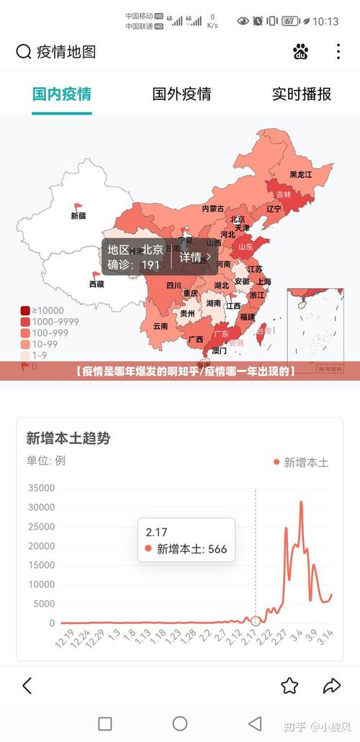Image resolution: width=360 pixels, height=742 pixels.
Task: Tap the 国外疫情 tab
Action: [x=181, y=94]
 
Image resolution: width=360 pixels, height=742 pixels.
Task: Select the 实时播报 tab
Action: [x=301, y=94]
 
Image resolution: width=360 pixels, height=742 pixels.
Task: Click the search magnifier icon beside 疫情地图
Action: [x=24, y=51]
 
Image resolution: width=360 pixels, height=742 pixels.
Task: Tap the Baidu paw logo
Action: [x=300, y=51]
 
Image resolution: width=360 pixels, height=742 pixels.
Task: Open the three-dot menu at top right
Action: [x=338, y=51]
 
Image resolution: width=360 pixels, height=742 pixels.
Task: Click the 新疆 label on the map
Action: [x=78, y=215]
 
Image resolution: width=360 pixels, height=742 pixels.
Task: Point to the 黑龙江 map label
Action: [x=301, y=174]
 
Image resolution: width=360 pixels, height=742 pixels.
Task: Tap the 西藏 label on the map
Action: [x=96, y=284]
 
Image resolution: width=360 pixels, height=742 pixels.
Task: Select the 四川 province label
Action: [x=174, y=285]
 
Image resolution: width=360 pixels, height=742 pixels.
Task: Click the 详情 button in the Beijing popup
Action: [x=194, y=258]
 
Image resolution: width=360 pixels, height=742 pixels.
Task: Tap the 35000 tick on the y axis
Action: [x=41, y=488]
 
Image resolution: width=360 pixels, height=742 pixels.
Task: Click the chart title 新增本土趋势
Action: [x=68, y=438]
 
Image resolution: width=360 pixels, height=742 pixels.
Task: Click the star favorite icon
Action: [x=289, y=685]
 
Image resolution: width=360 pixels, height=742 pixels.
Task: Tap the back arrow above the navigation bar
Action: [x=27, y=685]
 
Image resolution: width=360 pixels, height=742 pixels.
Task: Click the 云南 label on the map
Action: [x=160, y=325]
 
